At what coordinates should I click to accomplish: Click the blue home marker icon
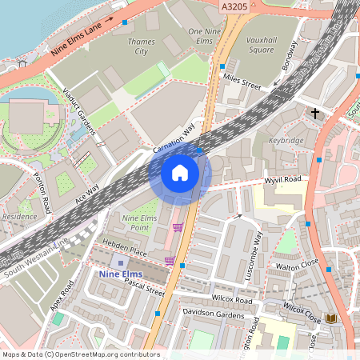(180, 172)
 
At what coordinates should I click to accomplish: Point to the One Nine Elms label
(204, 36)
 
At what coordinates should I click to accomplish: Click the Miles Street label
(243, 79)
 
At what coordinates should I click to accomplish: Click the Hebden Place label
(118, 251)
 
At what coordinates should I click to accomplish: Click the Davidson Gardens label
(213, 314)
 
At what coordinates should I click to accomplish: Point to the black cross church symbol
(315, 114)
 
